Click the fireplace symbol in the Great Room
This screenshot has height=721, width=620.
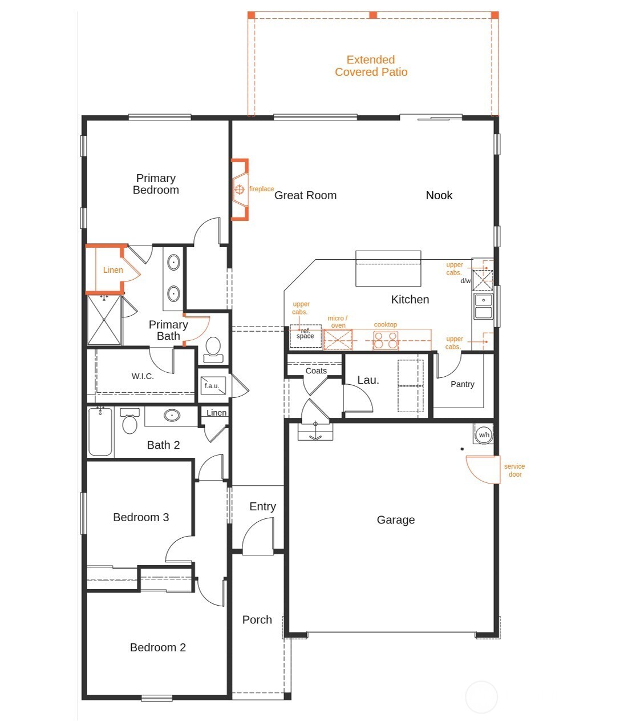point(240,190)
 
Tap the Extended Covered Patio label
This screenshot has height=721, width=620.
point(371,66)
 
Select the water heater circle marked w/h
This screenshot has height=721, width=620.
point(484,434)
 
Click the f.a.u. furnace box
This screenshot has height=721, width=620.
point(213,385)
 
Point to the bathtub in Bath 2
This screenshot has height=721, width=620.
point(100,432)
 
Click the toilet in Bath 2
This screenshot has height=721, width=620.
point(129,421)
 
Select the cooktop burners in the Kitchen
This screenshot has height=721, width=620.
point(386,340)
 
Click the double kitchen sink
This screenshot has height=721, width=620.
point(483,306)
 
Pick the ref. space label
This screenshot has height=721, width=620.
point(305,333)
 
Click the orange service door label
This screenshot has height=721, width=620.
point(514,470)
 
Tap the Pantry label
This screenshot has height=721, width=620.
point(462,384)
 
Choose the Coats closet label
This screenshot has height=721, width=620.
point(316,371)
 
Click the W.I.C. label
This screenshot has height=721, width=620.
point(143,376)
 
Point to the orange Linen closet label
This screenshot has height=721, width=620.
point(113,270)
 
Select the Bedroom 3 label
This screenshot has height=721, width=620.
point(141,517)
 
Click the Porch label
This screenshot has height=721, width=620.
point(257,619)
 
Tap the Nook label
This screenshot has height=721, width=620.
point(439,195)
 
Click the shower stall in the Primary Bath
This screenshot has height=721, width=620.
point(104,320)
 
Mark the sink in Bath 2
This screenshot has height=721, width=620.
point(172,416)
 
